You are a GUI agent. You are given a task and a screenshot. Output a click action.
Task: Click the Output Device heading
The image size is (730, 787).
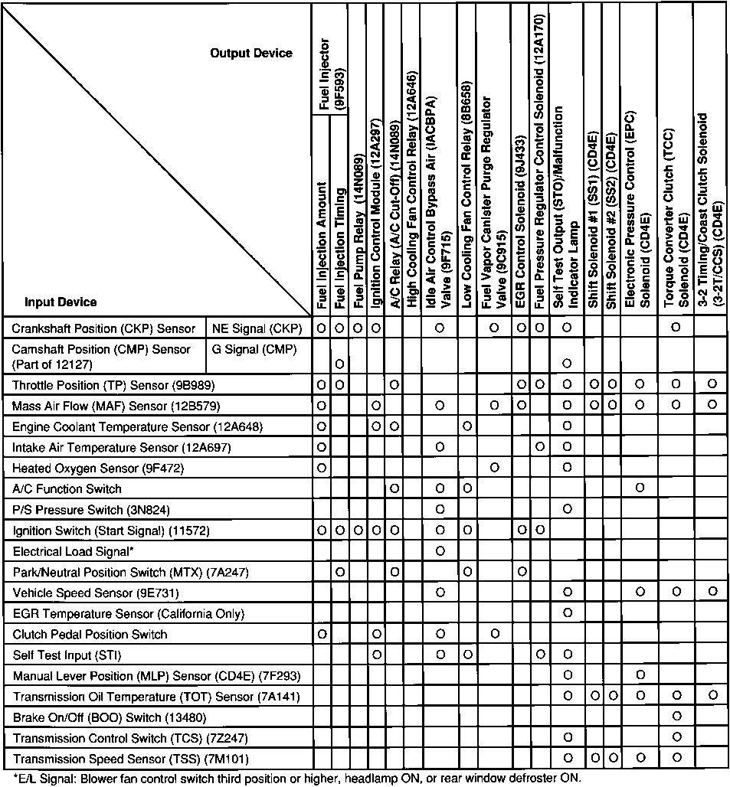point(251,54)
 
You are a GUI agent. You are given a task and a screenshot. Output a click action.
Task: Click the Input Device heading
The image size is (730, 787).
point(61,302)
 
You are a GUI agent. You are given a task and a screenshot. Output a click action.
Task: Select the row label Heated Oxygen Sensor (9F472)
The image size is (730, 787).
point(99,467)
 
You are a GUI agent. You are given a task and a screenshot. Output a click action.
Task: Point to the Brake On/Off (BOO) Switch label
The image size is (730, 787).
point(110,717)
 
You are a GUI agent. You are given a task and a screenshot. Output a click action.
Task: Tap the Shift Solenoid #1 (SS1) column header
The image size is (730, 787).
point(592,222)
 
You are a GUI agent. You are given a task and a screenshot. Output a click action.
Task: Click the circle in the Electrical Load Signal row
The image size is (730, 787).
point(440,550)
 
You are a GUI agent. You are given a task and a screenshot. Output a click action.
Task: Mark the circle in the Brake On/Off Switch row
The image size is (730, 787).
point(676,717)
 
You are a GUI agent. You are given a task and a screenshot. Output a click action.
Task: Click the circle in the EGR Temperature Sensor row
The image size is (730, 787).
point(567,613)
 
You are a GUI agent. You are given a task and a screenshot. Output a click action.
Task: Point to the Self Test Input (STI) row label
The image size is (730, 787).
point(67,655)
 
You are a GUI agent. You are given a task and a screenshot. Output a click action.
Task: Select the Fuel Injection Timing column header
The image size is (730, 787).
point(339,245)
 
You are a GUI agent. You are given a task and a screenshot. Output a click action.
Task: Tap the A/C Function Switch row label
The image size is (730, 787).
point(67,488)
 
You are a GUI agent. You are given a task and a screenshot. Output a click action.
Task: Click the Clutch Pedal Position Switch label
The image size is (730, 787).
point(90,634)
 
